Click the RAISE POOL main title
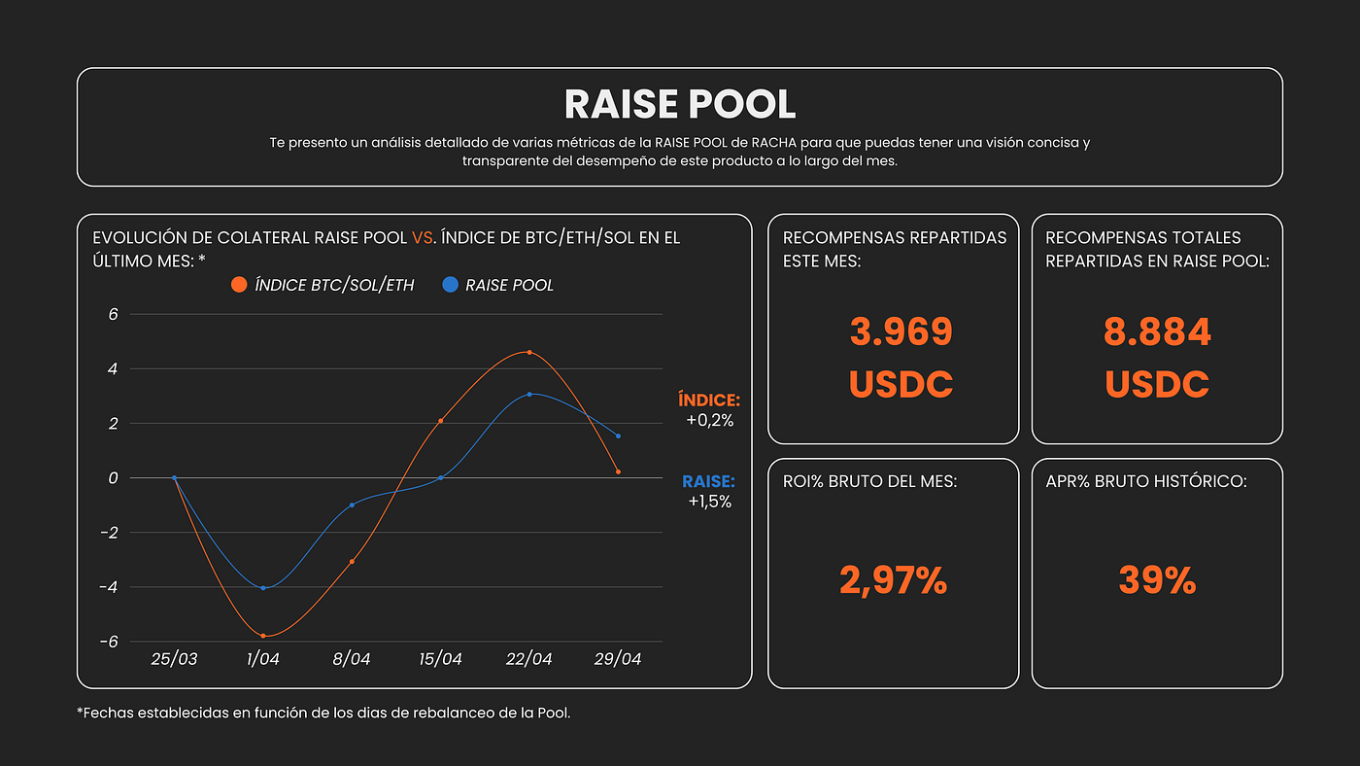click(x=679, y=104)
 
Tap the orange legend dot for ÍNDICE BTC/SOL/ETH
click(x=239, y=284)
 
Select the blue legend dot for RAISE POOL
click(x=450, y=284)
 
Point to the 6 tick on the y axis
click(x=113, y=314)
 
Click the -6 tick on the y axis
click(x=109, y=642)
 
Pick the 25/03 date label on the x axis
click(x=174, y=658)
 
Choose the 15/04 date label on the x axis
click(x=440, y=658)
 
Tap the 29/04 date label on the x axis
click(x=618, y=658)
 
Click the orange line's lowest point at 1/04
click(x=263, y=636)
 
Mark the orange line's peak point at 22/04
click(x=529, y=352)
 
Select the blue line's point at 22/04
click(x=529, y=395)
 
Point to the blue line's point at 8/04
click(x=352, y=505)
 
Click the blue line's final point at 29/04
click(x=618, y=436)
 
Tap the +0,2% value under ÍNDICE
click(x=710, y=420)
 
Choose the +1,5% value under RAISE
click(x=710, y=502)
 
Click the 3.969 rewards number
click(x=901, y=331)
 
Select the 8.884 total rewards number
click(x=1157, y=331)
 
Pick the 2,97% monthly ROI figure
click(x=893, y=580)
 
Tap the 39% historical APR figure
click(x=1157, y=579)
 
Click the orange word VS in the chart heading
click(x=422, y=237)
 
